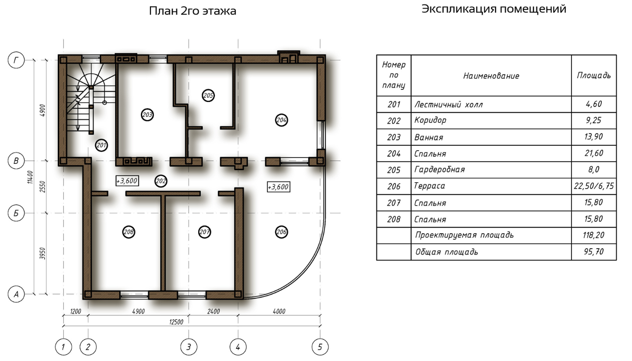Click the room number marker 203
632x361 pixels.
coord(147,115)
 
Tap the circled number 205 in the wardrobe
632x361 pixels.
coord(208,95)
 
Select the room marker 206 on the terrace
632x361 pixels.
coord(281,232)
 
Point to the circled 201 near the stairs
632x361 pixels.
coord(101,145)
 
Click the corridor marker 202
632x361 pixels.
coord(161,181)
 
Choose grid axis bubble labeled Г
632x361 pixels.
coord(16,60)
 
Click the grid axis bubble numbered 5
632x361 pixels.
coord(320,347)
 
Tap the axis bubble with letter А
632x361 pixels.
coord(16,294)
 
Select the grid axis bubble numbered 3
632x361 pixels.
coord(189,347)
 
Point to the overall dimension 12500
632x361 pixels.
coord(176,322)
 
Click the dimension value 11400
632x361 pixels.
coord(30,177)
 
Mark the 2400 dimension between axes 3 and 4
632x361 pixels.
coord(213,311)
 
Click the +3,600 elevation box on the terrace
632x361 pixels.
coord(279,187)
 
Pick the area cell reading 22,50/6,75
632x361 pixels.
coord(594,186)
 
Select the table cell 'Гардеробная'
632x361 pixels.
coord(439,170)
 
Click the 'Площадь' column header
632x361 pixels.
coord(594,75)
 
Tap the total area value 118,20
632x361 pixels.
coord(594,235)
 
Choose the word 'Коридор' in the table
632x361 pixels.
coord(430,120)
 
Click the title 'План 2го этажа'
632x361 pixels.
coord(192,11)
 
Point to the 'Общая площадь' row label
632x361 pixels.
coord(446,252)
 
